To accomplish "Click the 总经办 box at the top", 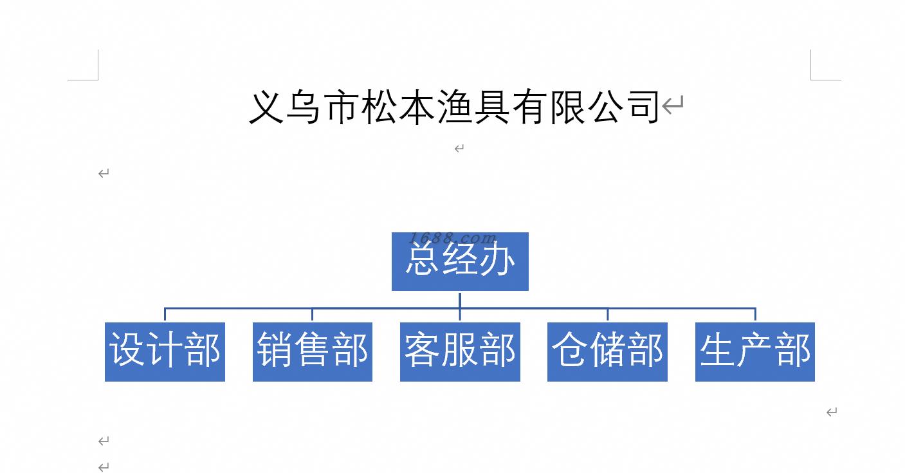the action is pyautogui.click(x=460, y=261).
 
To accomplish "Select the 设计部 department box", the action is pyautogui.click(x=165, y=352).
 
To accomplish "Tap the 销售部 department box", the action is pyautogui.click(x=313, y=352).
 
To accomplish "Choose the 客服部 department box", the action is pyautogui.click(x=460, y=352).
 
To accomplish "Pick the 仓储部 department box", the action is pyautogui.click(x=607, y=352).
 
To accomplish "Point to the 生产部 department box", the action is pyautogui.click(x=754, y=352).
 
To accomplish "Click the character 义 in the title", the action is pyautogui.click(x=266, y=107).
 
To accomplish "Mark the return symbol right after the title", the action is pyautogui.click(x=673, y=105).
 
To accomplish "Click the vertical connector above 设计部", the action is pyautogui.click(x=165, y=315).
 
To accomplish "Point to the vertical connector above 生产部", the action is pyautogui.click(x=755, y=315).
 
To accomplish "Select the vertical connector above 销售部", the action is pyautogui.click(x=313, y=315).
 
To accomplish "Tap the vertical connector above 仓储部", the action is pyautogui.click(x=608, y=315).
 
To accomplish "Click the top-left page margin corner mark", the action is pyautogui.click(x=98, y=80).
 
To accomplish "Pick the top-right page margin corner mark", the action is pyautogui.click(x=811, y=80).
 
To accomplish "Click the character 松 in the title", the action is pyautogui.click(x=379, y=107).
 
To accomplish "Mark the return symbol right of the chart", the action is pyautogui.click(x=832, y=412).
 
